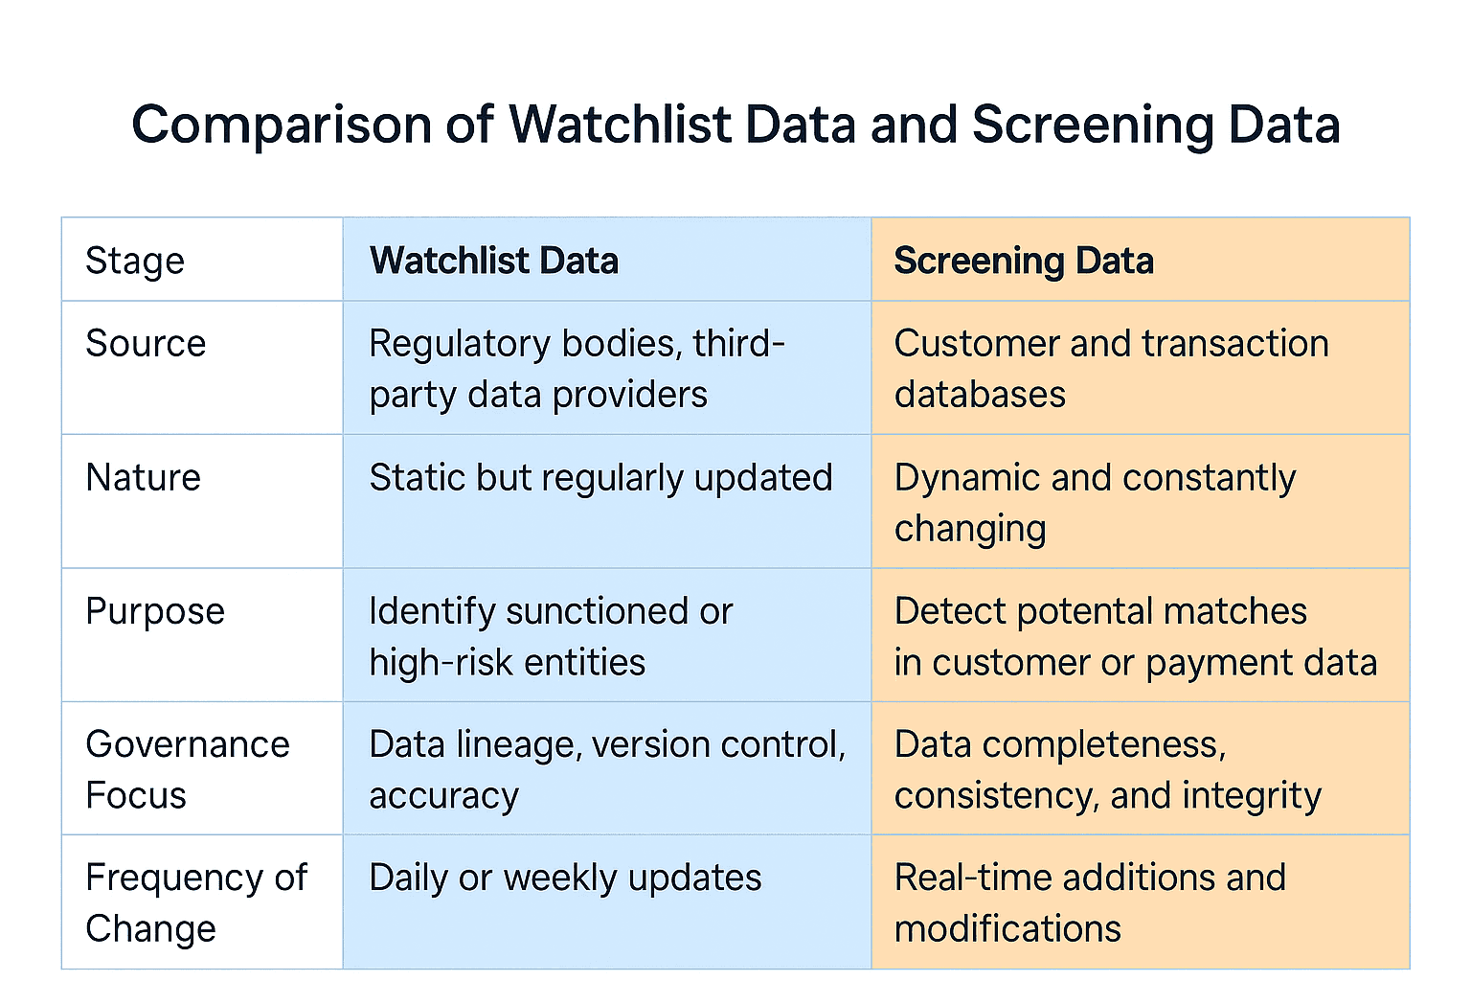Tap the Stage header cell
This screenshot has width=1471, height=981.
tap(135, 261)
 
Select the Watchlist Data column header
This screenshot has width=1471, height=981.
tap(494, 261)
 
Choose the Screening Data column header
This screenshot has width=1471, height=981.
tap(1024, 261)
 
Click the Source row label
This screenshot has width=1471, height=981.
tap(146, 344)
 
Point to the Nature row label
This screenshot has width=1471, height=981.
tap(143, 477)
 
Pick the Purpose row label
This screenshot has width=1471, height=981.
tap(155, 611)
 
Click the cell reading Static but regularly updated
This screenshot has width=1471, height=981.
tap(600, 477)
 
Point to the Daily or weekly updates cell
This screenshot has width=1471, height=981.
tap(565, 878)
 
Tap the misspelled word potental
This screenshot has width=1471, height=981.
tap(1086, 611)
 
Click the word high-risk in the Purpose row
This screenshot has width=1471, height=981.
tap(426, 663)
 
